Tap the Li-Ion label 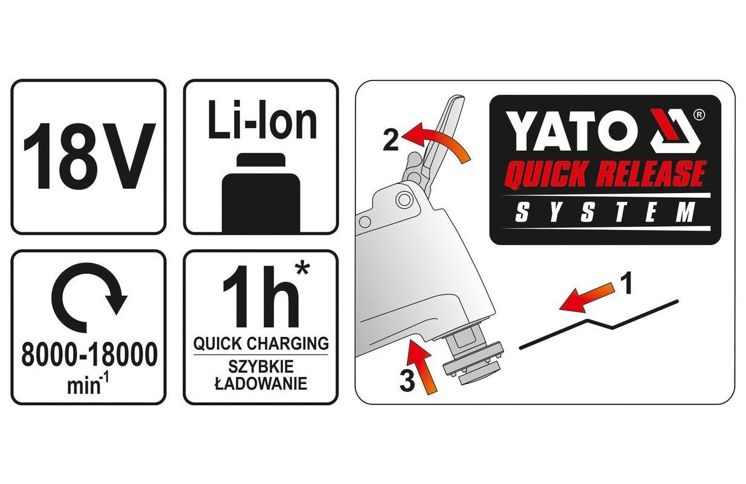point(262,120)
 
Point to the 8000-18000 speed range point(89,355)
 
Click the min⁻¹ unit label point(88,384)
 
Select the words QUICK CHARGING point(261,343)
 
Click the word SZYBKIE point(261,367)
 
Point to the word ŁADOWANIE point(261,384)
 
